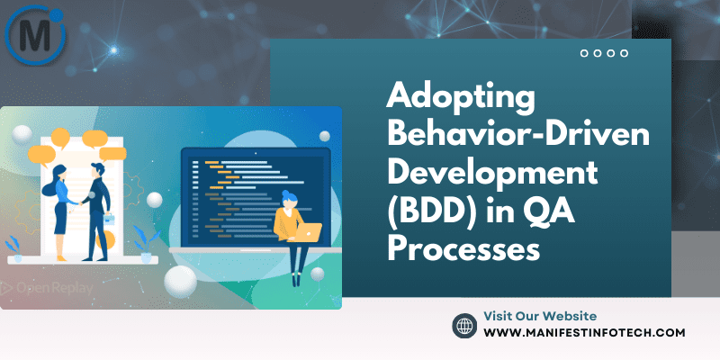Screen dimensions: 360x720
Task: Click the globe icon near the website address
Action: (464, 325)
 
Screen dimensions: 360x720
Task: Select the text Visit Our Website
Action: (540, 316)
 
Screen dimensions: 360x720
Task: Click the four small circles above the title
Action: (604, 53)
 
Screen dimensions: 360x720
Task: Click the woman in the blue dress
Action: (58, 207)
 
